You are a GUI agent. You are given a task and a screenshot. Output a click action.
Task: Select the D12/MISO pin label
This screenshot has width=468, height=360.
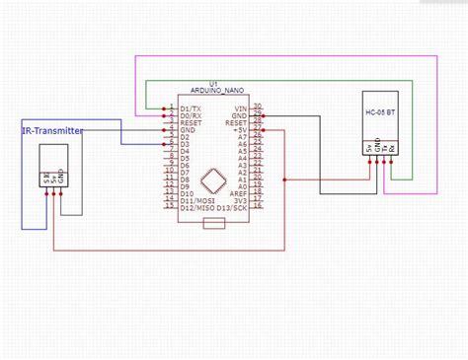[194, 207]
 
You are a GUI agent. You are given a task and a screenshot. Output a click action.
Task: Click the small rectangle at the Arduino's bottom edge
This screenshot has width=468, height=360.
[213, 225]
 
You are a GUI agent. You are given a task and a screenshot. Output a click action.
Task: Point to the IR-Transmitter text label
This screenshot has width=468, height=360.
[52, 130]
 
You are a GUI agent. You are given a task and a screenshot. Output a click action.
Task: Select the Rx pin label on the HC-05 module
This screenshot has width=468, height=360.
[393, 150]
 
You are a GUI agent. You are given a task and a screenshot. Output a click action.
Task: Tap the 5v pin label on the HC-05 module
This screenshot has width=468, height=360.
[368, 150]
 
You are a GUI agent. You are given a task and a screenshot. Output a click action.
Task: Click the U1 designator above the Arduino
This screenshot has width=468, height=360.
[213, 88]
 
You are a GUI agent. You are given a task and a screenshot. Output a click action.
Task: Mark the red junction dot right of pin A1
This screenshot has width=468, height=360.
[284, 180]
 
